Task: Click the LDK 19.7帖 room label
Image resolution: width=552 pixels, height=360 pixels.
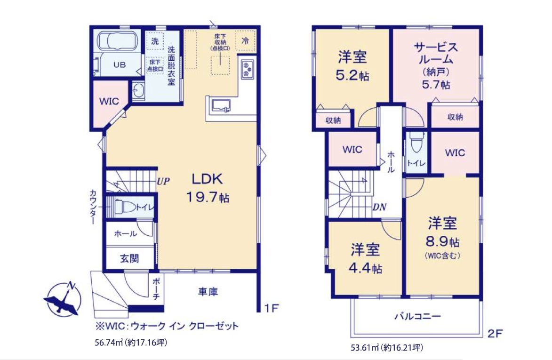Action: (x=208, y=188)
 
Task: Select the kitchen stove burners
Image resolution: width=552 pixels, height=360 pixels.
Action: (x=247, y=69)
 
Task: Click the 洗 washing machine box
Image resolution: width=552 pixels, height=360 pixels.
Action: (x=155, y=41)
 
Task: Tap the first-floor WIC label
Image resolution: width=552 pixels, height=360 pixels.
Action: (x=109, y=101)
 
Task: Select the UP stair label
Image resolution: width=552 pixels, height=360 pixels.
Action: (x=163, y=182)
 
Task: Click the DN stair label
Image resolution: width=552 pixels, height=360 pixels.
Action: (x=379, y=207)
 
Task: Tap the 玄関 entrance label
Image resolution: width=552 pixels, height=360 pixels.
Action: (x=129, y=259)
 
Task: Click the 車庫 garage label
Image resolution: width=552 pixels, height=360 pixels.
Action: (x=208, y=291)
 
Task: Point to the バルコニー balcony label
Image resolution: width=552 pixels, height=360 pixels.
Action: (x=417, y=316)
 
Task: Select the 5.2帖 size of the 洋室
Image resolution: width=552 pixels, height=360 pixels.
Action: (x=352, y=76)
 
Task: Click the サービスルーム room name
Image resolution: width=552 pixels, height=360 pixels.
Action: (x=436, y=53)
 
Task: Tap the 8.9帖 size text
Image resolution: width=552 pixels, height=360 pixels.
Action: (x=442, y=241)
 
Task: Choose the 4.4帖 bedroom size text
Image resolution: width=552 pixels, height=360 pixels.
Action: (x=365, y=269)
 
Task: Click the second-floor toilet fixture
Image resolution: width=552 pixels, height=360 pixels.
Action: (x=416, y=142)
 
